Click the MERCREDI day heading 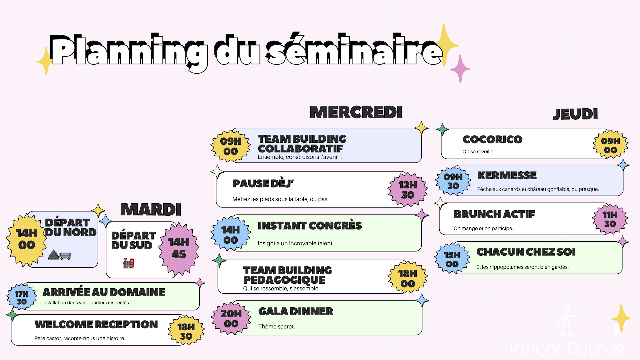356,112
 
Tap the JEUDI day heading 575,114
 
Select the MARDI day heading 151,210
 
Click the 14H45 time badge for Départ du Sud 179,248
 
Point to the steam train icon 128,263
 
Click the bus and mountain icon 60,255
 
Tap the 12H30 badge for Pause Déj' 408,190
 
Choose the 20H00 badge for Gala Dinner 231,318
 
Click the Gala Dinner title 296,311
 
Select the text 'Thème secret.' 276,327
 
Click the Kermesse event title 507,175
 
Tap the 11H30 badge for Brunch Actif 610,219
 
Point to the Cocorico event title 492,139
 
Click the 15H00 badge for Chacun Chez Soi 452,259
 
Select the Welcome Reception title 96,324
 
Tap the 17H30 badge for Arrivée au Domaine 22,297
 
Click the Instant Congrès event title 309,226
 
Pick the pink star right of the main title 460,68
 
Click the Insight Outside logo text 567,349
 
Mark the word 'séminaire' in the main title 355,51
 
